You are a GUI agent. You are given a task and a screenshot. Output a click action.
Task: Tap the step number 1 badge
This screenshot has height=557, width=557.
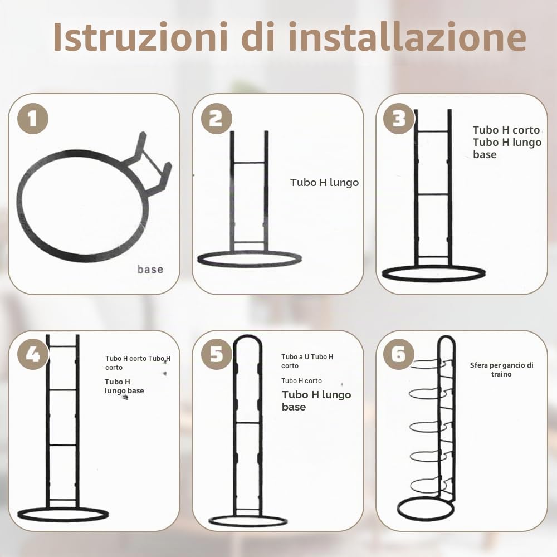pyautogui.click(x=33, y=119)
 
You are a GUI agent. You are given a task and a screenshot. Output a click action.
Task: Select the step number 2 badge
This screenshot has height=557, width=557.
pyautogui.click(x=216, y=119)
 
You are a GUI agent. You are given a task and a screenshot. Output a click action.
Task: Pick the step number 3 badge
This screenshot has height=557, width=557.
pyautogui.click(x=399, y=119)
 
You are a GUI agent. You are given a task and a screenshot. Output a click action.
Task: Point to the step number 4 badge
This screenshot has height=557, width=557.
pyautogui.click(x=33, y=354)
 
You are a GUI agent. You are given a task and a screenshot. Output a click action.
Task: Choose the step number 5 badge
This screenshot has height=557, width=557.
pyautogui.click(x=216, y=354)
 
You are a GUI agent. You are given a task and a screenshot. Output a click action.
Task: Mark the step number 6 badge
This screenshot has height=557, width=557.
pyautogui.click(x=399, y=354)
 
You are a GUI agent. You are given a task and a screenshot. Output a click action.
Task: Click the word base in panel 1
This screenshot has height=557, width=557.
pyautogui.click(x=150, y=269)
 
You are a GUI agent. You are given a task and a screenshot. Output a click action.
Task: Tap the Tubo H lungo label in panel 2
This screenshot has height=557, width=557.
pyautogui.click(x=324, y=183)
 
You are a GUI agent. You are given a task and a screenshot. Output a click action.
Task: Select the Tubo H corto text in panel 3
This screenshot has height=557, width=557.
pyautogui.click(x=506, y=130)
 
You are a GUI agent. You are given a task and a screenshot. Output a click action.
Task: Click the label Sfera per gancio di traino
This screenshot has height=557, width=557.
pyautogui.click(x=502, y=369)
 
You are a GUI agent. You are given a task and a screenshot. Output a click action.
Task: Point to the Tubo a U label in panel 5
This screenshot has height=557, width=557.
pyautogui.click(x=295, y=357)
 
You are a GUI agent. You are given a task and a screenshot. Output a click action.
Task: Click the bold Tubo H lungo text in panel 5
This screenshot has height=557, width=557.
pyautogui.click(x=316, y=395)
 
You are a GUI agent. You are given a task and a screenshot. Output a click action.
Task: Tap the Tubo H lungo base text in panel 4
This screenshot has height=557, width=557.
pyautogui.click(x=124, y=386)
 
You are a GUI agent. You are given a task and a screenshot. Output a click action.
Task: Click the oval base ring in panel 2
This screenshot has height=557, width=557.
pyautogui.click(x=250, y=266)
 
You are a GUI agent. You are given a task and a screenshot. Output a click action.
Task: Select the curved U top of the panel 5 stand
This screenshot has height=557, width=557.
pyautogui.click(x=248, y=337)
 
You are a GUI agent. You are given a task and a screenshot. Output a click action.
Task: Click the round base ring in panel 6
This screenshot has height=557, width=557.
pyautogui.click(x=426, y=518)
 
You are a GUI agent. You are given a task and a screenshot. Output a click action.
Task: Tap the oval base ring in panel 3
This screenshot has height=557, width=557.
pyautogui.click(x=434, y=281)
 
